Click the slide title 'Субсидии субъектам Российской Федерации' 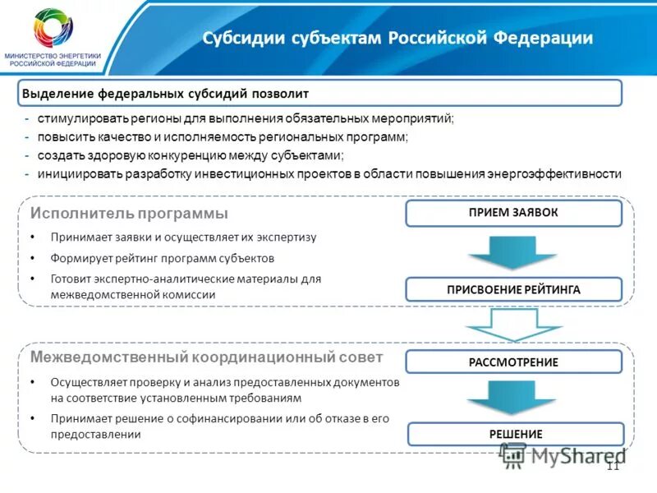point(397,39)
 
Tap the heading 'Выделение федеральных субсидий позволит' point(165,94)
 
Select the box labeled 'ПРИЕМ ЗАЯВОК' point(513,213)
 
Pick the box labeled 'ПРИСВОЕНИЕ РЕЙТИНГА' point(513,289)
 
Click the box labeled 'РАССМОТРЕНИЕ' point(513,362)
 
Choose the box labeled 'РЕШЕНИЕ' point(517,434)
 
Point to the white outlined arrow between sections point(502,325)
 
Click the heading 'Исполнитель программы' point(129,214)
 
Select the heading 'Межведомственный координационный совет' point(206,357)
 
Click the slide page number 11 point(612,466)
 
